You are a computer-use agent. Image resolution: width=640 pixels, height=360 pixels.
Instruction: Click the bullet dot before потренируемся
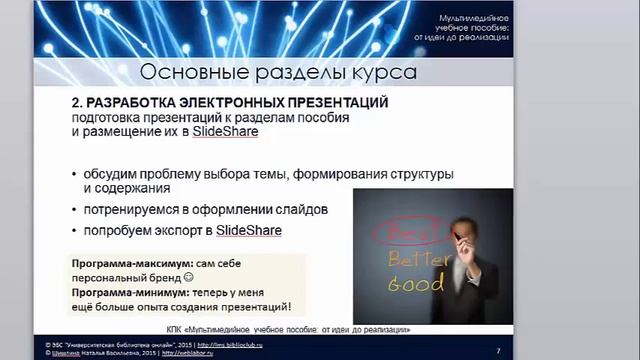pyautogui.click(x=74, y=211)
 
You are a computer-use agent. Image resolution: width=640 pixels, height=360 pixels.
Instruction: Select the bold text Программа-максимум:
pyautogui.click(x=119, y=262)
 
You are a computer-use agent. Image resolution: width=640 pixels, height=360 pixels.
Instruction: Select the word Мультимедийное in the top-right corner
pyautogui.click(x=475, y=20)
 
